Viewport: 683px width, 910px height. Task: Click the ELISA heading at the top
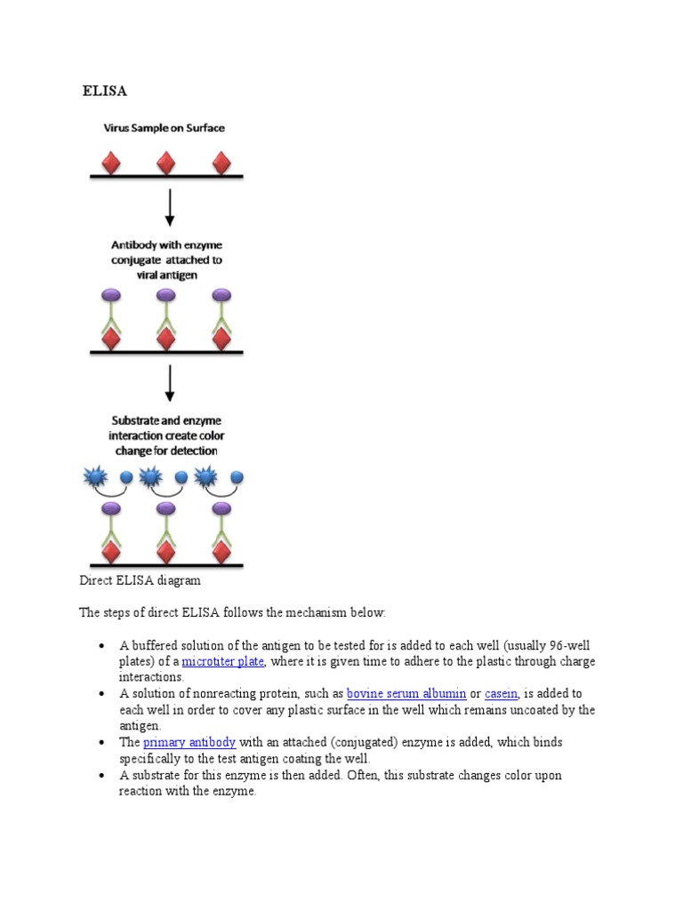pos(105,91)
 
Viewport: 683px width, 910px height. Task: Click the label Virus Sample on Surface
pos(166,128)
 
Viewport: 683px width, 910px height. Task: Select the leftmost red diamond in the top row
pos(111,164)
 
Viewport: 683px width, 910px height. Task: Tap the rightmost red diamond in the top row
pos(221,164)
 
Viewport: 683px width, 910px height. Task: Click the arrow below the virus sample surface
pos(166,207)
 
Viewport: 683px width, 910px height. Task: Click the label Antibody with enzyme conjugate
pos(166,259)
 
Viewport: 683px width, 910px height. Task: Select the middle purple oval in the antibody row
pos(166,294)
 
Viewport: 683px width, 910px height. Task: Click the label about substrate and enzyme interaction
pos(166,435)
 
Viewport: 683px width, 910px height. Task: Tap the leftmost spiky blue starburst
pos(95,478)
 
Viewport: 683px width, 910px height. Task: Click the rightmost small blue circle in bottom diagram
pos(237,477)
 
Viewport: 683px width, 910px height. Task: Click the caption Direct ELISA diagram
pos(141,580)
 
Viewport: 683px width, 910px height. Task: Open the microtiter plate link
pos(223,662)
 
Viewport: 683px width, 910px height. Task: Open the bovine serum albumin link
pos(406,693)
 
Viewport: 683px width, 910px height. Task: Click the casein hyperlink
pos(502,693)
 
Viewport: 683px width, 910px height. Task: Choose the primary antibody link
pos(189,742)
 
